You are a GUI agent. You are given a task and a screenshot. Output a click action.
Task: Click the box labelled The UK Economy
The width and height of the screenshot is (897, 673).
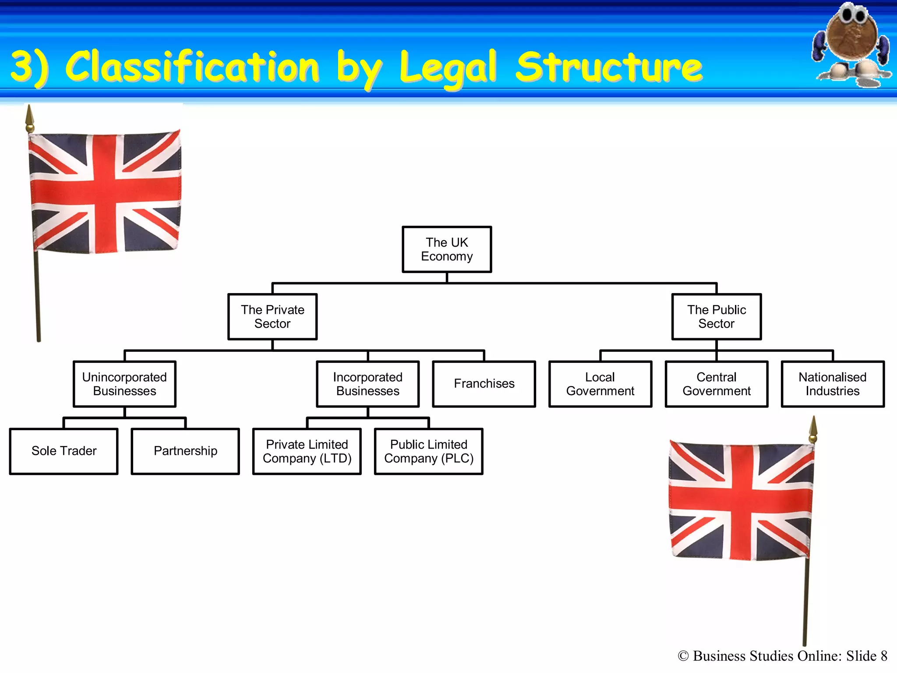tap(447, 249)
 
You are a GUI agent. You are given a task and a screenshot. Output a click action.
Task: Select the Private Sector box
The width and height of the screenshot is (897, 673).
tap(272, 317)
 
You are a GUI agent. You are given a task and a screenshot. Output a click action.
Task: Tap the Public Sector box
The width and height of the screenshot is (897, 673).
tap(717, 317)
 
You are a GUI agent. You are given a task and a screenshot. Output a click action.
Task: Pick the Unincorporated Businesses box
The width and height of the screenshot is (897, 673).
tap(124, 384)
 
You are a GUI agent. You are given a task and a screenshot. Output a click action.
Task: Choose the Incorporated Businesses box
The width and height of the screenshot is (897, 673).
tap(368, 384)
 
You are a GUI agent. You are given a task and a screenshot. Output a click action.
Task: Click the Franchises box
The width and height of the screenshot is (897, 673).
tap(484, 384)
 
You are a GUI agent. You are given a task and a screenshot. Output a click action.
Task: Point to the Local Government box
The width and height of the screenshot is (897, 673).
tap(600, 384)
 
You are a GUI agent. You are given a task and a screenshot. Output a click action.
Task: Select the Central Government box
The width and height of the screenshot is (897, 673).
tap(717, 384)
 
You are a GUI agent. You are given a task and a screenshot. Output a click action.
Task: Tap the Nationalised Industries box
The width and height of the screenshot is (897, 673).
tap(833, 384)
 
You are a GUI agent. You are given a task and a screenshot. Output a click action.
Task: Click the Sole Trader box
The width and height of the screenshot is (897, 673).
tap(64, 451)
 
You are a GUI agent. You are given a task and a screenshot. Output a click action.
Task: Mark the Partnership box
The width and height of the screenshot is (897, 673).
tap(185, 451)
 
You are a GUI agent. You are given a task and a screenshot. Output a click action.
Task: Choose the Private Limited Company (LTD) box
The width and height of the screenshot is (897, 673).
tap(307, 451)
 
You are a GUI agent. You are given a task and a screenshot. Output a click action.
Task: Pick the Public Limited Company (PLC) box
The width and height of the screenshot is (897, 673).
tap(429, 451)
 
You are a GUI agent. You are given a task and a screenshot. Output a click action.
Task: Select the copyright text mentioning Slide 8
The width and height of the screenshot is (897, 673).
tap(782, 656)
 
